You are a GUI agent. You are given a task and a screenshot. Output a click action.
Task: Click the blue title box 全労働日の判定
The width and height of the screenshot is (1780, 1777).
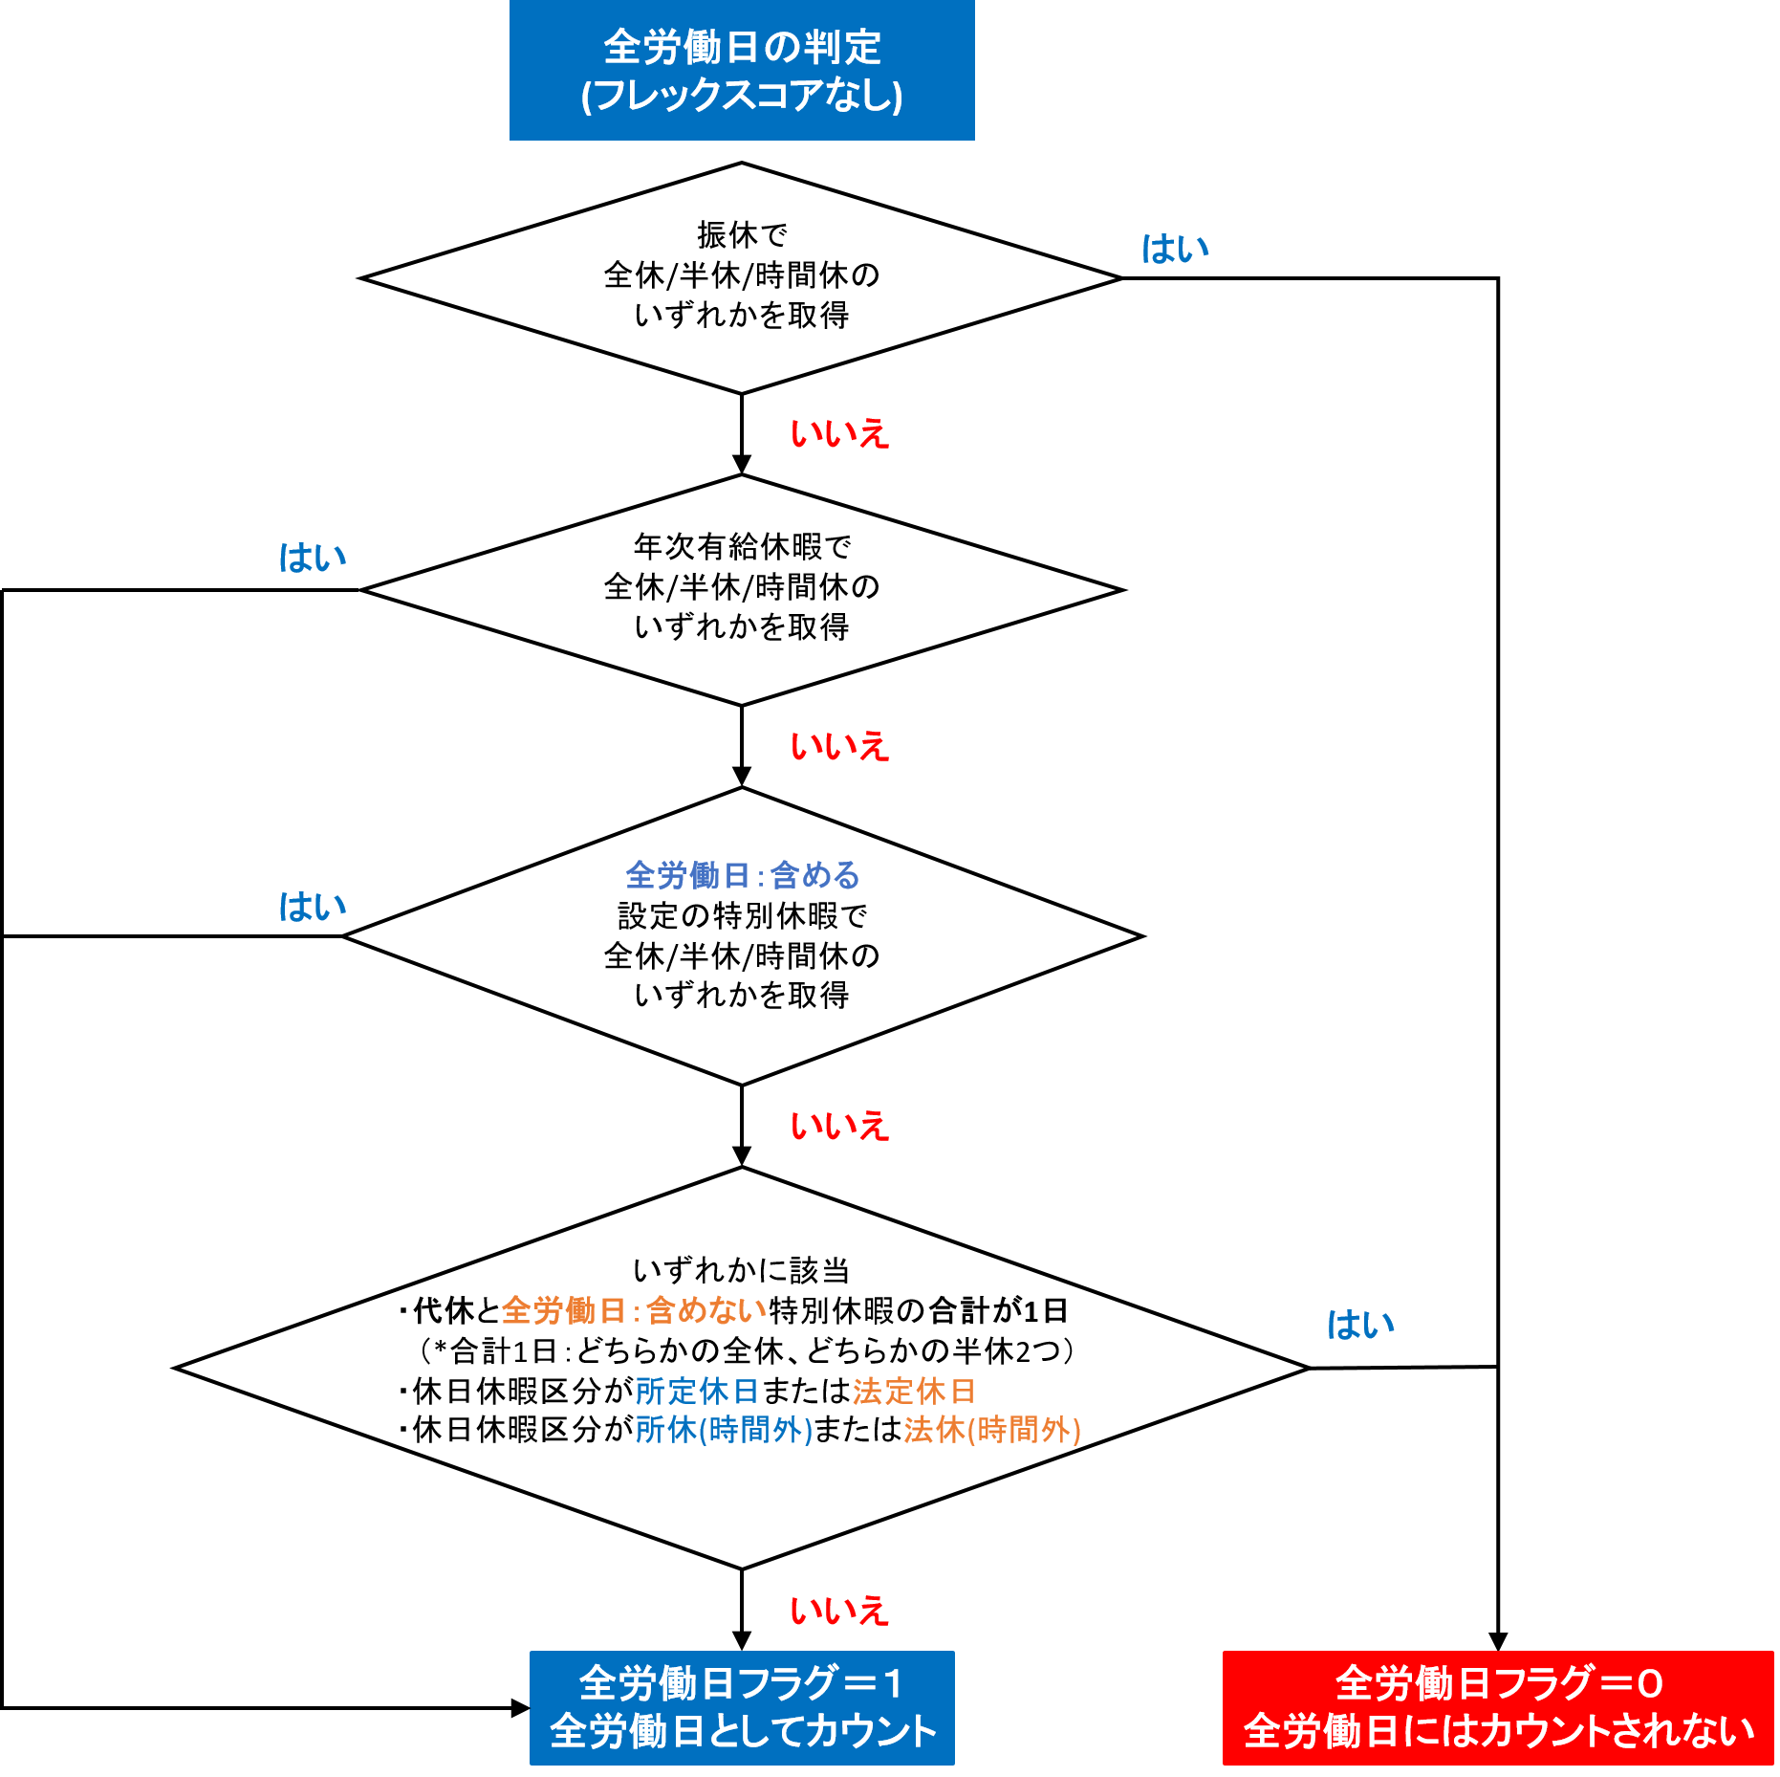(742, 70)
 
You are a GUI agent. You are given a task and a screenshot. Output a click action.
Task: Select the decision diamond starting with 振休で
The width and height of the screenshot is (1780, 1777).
(741, 278)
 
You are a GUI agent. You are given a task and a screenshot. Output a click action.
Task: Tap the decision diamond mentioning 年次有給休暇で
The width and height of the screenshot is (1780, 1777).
(742, 590)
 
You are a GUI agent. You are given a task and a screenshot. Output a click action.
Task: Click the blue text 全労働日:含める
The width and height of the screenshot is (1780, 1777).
(743, 875)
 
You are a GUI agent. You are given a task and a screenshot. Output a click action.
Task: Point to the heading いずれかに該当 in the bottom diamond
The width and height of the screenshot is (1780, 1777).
(742, 1270)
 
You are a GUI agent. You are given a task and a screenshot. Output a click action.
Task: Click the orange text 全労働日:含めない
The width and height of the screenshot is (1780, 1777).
(635, 1310)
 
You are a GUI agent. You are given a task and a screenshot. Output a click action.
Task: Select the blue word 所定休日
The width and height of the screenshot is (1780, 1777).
(697, 1391)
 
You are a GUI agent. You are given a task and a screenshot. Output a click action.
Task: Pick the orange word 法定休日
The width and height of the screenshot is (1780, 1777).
(914, 1391)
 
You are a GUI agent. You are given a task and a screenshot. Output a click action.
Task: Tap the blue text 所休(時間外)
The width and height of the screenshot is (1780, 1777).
(724, 1430)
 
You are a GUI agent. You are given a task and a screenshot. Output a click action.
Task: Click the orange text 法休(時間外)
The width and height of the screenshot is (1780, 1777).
(992, 1430)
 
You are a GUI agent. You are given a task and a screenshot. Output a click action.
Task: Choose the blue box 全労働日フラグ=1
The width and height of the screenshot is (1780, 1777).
(742, 1708)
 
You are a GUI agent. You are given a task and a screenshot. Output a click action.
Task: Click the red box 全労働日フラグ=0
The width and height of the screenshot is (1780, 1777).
(1498, 1708)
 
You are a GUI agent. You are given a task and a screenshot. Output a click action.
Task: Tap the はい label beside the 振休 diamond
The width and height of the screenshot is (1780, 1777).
(1175, 249)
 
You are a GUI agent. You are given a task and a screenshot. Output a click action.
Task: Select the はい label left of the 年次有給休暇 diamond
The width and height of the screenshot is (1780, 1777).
(312, 558)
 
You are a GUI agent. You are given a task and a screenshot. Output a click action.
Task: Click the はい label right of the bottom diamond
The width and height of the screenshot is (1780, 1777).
(1360, 1325)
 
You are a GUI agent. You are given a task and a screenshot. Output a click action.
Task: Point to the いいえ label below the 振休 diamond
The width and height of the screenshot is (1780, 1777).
(839, 433)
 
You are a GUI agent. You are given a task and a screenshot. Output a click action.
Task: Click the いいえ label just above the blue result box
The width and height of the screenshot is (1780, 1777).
(839, 1611)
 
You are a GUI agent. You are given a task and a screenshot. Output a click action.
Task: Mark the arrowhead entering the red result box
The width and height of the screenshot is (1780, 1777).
(1498, 1641)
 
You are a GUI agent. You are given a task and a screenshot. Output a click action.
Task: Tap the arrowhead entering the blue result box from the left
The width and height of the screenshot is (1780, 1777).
(521, 1708)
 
